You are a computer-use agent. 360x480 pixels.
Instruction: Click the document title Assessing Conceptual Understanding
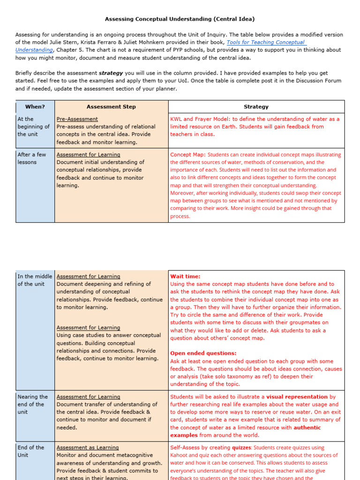click(180, 19)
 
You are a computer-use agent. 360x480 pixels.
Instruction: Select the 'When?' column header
click(35, 107)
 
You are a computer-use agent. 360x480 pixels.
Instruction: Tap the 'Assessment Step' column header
click(111, 107)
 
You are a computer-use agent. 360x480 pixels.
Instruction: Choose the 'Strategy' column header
click(256, 107)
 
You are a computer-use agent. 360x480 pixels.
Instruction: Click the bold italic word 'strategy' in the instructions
click(111, 73)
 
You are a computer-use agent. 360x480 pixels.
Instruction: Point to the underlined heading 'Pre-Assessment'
click(77, 119)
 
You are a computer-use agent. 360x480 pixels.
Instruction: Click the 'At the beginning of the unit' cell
click(33, 127)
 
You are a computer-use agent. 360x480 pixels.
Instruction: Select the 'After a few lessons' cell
click(31, 158)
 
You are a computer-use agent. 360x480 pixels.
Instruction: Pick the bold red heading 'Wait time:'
click(185, 277)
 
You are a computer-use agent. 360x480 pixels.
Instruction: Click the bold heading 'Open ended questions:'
click(203, 353)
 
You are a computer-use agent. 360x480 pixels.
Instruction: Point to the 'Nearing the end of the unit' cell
click(32, 404)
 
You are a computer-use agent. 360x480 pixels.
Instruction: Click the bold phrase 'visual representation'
click(297, 397)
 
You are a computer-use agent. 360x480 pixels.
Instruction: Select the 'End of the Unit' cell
click(30, 451)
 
